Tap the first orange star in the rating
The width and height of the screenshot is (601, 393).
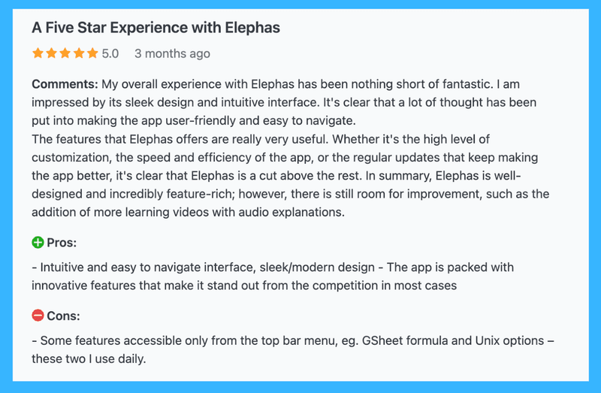click(x=38, y=53)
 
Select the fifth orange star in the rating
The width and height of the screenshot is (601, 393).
click(x=92, y=53)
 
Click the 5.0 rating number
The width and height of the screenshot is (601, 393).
click(x=110, y=53)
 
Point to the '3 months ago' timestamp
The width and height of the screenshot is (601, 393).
click(x=172, y=53)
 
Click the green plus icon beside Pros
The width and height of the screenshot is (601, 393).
click(x=38, y=243)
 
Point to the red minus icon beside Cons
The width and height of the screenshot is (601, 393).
click(x=38, y=316)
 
